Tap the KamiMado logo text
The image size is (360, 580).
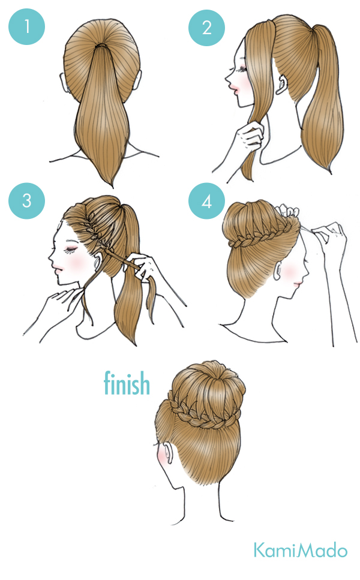pyautogui.click(x=299, y=550)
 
